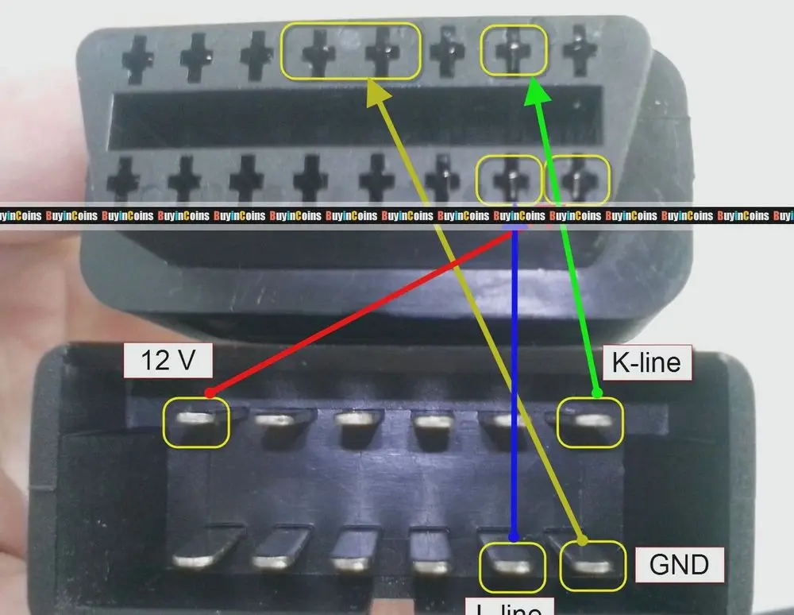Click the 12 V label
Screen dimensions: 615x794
click(x=168, y=361)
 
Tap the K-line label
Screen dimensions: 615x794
click(x=646, y=362)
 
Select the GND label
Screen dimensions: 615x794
click(x=679, y=564)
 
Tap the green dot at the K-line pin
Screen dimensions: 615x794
click(x=597, y=392)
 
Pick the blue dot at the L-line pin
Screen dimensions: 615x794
click(x=514, y=537)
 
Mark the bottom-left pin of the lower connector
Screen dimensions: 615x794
click(x=196, y=548)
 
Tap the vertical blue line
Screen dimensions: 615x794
click(x=514, y=381)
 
